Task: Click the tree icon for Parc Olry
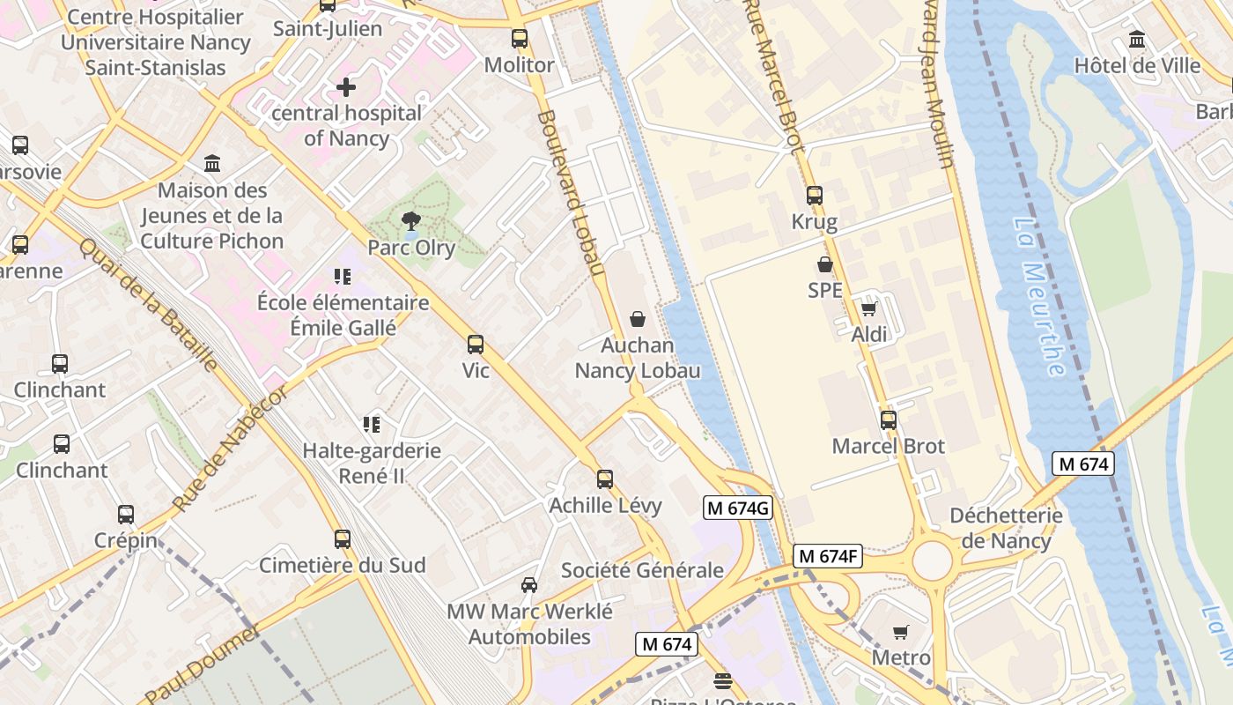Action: pyautogui.click(x=410, y=221)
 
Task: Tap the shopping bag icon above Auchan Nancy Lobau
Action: pyautogui.click(x=638, y=319)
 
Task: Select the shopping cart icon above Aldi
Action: pyautogui.click(x=869, y=308)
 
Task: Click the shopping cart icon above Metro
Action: pyautogui.click(x=900, y=632)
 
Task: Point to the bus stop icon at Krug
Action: pyautogui.click(x=815, y=196)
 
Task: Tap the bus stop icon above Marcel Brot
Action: pyautogui.click(x=889, y=420)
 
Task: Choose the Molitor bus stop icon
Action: pyautogui.click(x=520, y=39)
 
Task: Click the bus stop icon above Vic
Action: pyautogui.click(x=476, y=345)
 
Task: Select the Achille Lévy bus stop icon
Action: pyautogui.click(x=605, y=479)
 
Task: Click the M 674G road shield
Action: pyautogui.click(x=738, y=508)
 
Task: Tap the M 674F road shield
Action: pyautogui.click(x=827, y=557)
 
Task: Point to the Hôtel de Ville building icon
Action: pyautogui.click(x=1137, y=40)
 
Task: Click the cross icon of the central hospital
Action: pyautogui.click(x=346, y=87)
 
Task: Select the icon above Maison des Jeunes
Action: pyautogui.click(x=212, y=164)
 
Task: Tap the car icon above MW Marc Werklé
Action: pyautogui.click(x=529, y=585)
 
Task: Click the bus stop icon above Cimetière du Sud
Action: pyautogui.click(x=343, y=539)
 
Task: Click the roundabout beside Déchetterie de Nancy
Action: pyautogui.click(x=933, y=560)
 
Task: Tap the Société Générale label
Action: pyautogui.click(x=642, y=570)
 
